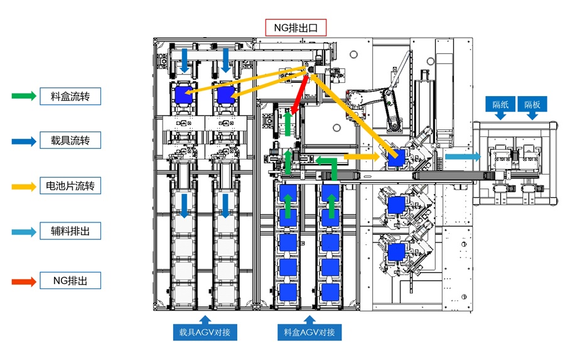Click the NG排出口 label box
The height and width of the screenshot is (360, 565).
click(x=296, y=27)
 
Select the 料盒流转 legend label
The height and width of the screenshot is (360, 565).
click(x=70, y=96)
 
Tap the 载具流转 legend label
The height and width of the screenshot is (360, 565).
click(x=70, y=141)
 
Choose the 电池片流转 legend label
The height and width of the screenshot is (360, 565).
click(x=70, y=186)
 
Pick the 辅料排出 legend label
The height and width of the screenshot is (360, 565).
click(x=70, y=231)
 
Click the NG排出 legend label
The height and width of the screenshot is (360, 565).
click(x=70, y=280)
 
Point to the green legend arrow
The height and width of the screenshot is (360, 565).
click(x=24, y=96)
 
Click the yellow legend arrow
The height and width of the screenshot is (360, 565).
click(x=24, y=186)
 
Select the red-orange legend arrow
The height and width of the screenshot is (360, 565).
click(x=24, y=280)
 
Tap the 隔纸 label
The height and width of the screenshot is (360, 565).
click(x=500, y=104)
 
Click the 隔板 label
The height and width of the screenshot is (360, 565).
click(x=532, y=104)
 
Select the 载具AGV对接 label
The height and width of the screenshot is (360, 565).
click(x=205, y=332)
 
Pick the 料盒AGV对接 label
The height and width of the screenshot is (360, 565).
click(x=309, y=332)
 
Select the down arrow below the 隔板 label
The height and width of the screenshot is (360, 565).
click(x=532, y=117)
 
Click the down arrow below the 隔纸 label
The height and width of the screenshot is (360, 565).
click(x=500, y=117)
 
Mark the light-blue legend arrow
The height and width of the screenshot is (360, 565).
click(x=24, y=231)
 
